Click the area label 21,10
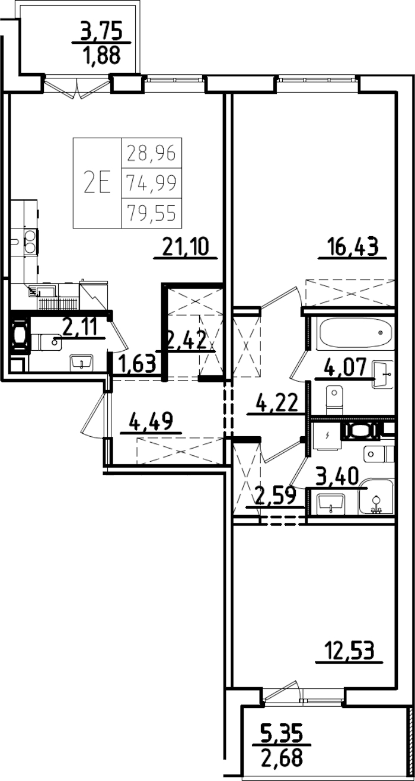[187, 246]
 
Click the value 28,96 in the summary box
[151, 154]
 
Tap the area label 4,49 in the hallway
[151, 424]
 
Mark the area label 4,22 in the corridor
[276, 403]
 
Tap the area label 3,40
[338, 477]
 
